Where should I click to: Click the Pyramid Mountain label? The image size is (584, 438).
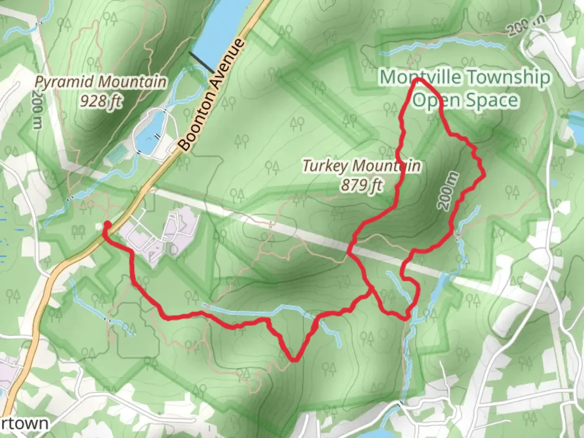click(101, 82)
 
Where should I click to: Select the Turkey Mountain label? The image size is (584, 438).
click(361, 166)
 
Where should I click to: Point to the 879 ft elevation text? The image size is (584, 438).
click(361, 185)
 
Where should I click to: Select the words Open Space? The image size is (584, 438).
click(466, 100)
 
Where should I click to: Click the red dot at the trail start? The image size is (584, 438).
click(107, 225)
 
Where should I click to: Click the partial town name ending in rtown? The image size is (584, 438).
click(24, 423)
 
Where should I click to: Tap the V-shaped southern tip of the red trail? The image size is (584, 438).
click(295, 359)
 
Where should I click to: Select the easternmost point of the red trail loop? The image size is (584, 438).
click(484, 175)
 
